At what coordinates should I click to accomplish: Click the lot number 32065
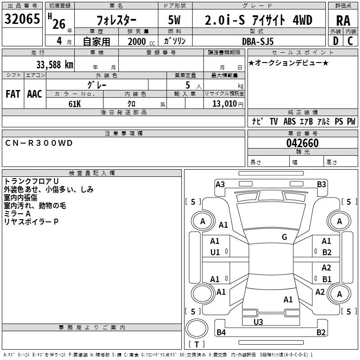pos(22,20)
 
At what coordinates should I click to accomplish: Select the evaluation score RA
pos(343,21)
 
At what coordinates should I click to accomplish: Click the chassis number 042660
pos(302,143)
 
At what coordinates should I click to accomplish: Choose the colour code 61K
pos(75,103)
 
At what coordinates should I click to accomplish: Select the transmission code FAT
pos(13,94)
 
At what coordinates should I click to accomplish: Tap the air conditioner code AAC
pos(35,94)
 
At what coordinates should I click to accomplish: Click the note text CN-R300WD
pos(39,143)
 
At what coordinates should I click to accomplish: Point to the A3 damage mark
pos(220,184)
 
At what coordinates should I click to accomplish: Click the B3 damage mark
pos(321,184)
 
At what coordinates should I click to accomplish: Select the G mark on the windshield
pos(284,237)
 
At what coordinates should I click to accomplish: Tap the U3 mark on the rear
pos(258,322)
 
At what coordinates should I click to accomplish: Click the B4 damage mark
pos(221,333)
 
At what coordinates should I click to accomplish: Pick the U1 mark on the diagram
pos(215,252)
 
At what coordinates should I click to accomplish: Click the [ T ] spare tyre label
pos(197,345)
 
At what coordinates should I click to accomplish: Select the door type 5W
pos(175,21)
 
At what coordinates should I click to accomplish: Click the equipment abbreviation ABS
pos(290,121)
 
